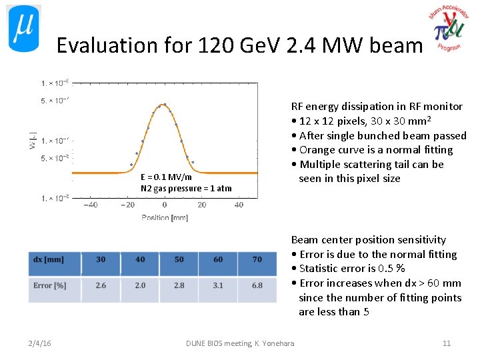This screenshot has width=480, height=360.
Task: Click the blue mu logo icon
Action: [23, 29]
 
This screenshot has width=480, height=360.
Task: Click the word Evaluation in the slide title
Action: [98, 45]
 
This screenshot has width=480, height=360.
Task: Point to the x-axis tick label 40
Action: [239, 205]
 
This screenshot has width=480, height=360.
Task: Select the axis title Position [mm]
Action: [165, 218]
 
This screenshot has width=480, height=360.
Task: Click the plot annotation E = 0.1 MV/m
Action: [166, 177]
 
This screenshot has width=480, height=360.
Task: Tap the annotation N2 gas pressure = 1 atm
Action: [186, 188]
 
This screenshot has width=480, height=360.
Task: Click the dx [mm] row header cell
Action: [54, 259]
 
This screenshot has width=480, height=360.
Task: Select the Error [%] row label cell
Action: [54, 285]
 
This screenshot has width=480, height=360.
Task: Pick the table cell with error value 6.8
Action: [257, 285]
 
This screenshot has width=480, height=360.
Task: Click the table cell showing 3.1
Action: [218, 285]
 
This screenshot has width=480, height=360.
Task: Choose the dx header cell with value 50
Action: [179, 259]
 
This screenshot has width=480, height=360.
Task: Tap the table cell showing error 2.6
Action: [100, 285]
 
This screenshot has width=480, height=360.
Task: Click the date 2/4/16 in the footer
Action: [40, 343]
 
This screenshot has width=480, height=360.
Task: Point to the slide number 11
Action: [447, 343]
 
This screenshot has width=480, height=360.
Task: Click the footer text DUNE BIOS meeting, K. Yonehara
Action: [240, 343]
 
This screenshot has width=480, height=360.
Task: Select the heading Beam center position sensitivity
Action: [368, 240]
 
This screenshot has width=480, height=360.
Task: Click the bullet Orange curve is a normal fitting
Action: [375, 150]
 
